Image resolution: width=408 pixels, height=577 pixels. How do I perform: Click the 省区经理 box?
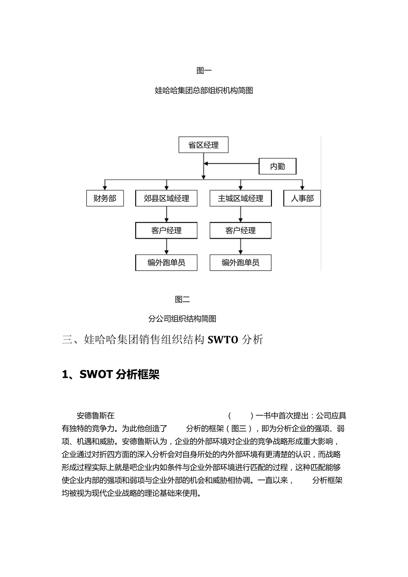tap(203, 145)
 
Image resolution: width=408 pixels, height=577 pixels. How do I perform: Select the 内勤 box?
tap(277, 167)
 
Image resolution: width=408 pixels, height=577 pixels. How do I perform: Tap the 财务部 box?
tap(105, 198)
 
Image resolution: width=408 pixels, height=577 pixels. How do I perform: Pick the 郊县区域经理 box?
tap(166, 198)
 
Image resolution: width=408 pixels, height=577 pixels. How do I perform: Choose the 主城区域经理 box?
tap(241, 198)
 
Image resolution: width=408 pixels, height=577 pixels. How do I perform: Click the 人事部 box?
tap(302, 198)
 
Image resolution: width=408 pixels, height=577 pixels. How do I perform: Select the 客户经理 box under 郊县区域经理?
tap(166, 231)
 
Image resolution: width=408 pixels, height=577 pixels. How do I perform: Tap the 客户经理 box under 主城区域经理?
tap(241, 231)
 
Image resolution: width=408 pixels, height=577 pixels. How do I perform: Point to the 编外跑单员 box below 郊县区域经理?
tap(166, 263)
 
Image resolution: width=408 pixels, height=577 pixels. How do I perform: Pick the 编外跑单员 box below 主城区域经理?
tap(241, 263)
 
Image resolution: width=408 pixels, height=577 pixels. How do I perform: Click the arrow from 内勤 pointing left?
tap(231, 164)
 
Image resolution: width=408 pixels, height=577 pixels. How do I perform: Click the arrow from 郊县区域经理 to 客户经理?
tap(167, 214)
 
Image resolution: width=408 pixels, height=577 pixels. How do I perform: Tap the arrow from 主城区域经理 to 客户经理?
tap(241, 214)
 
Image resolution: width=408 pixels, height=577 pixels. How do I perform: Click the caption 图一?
tap(204, 70)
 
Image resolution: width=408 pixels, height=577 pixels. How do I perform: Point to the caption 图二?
tap(183, 299)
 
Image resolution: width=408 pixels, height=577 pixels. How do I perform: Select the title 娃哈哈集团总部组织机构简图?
tap(204, 91)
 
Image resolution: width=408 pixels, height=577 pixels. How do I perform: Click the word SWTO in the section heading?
tap(222, 340)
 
